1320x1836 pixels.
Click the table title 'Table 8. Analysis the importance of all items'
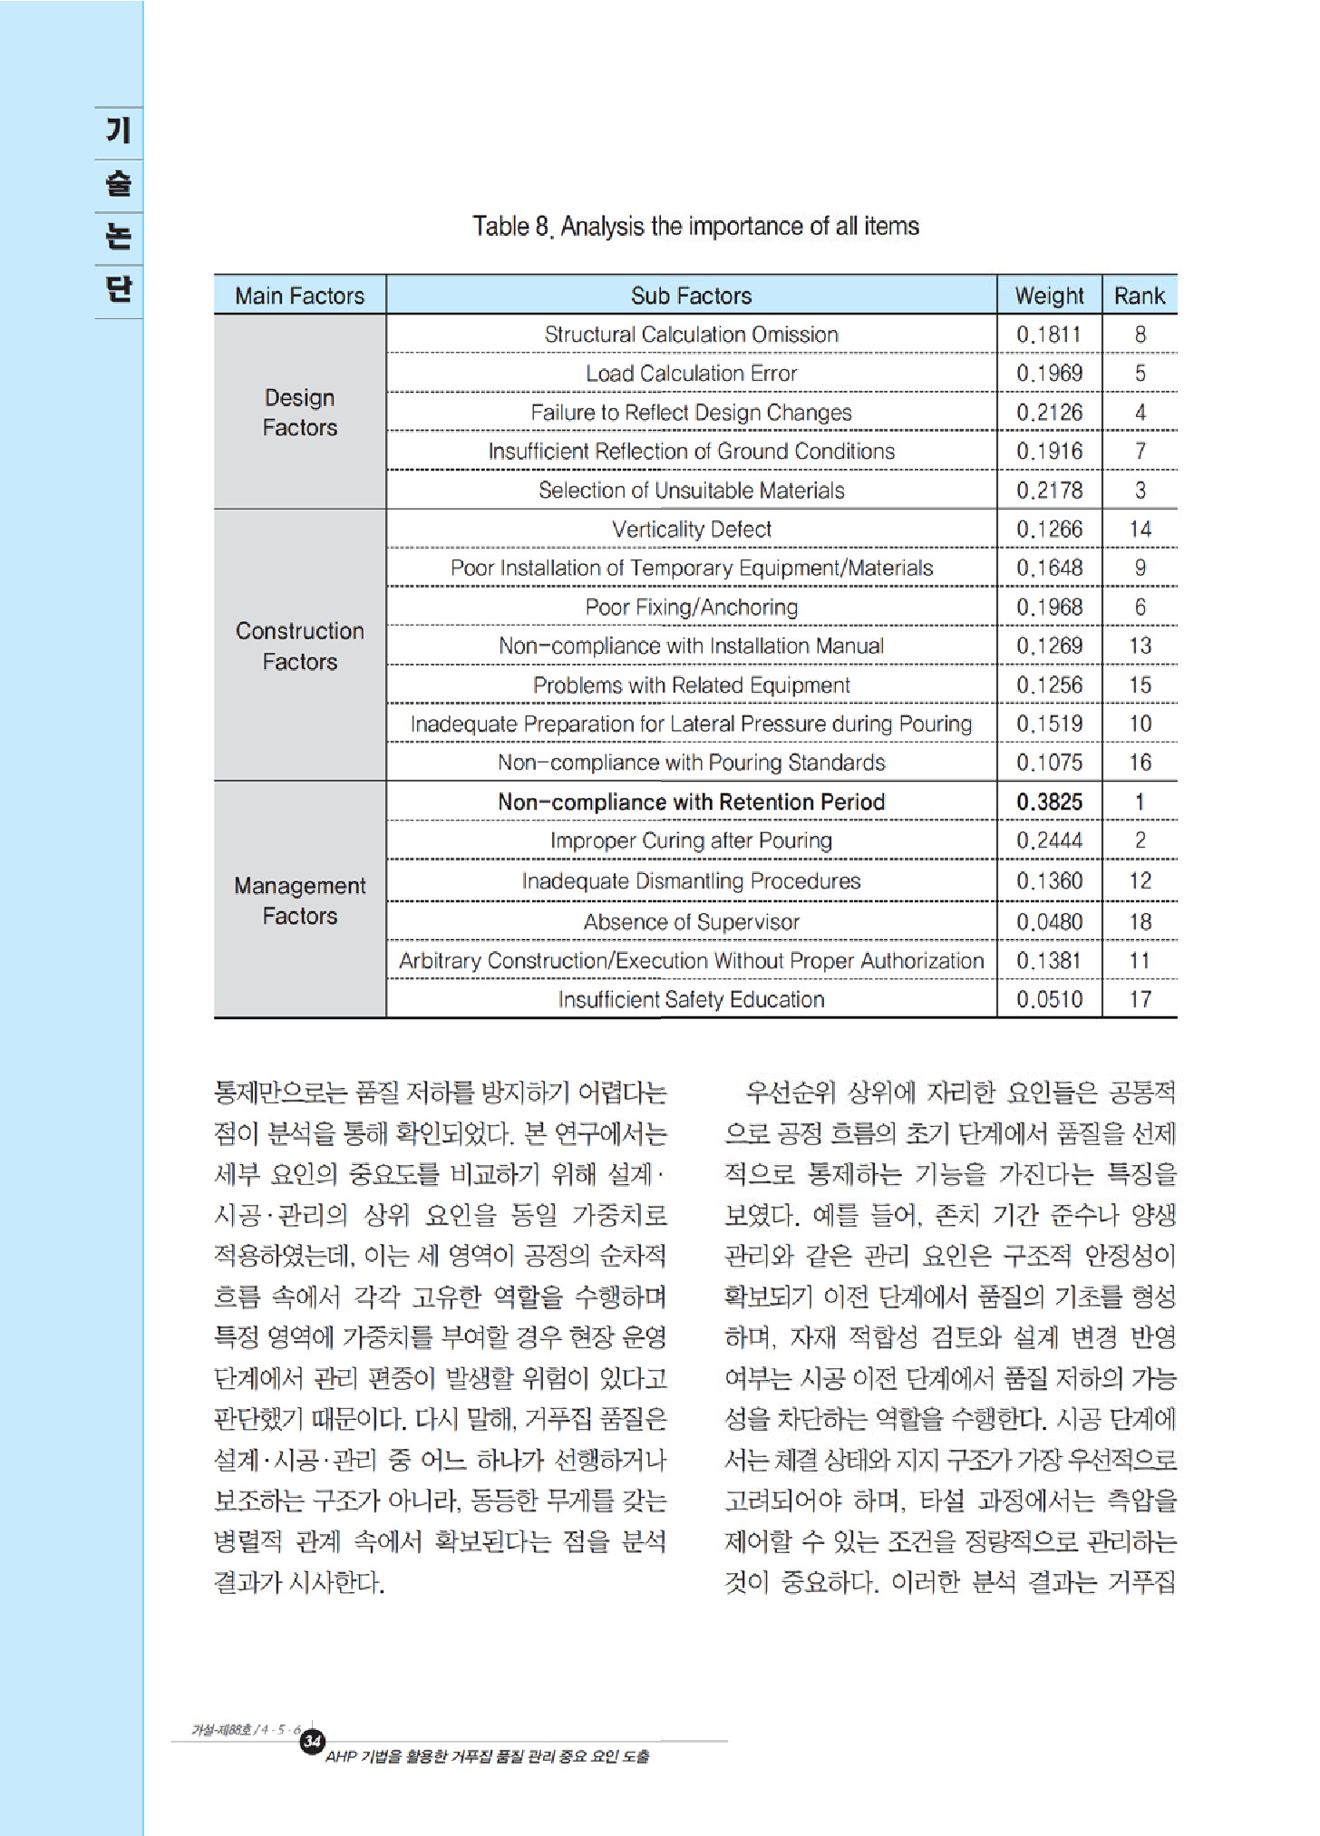(695, 226)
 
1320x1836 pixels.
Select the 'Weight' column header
(1049, 296)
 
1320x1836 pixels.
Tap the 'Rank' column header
(1140, 296)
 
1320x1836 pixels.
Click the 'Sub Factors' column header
(691, 296)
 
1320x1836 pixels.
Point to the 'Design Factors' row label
(299, 413)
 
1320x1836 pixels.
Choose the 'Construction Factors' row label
(299, 646)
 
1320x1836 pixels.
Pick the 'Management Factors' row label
(299, 900)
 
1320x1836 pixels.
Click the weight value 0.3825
(1049, 801)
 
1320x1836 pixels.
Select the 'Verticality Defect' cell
(691, 529)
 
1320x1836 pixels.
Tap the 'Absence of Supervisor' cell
(691, 922)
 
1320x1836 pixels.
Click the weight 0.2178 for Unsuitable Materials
(1049, 491)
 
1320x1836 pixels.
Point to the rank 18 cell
(1140, 922)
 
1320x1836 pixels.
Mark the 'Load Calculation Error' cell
(691, 374)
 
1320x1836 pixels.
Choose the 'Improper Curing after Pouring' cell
(691, 840)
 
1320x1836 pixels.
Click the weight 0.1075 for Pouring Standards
(1049, 763)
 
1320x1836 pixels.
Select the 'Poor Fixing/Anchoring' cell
(691, 607)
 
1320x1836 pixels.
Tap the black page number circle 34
(313, 1741)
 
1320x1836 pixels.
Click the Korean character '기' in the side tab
(119, 131)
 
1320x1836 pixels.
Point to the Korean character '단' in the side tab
(119, 288)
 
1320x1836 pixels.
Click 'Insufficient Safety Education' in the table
(691, 999)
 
